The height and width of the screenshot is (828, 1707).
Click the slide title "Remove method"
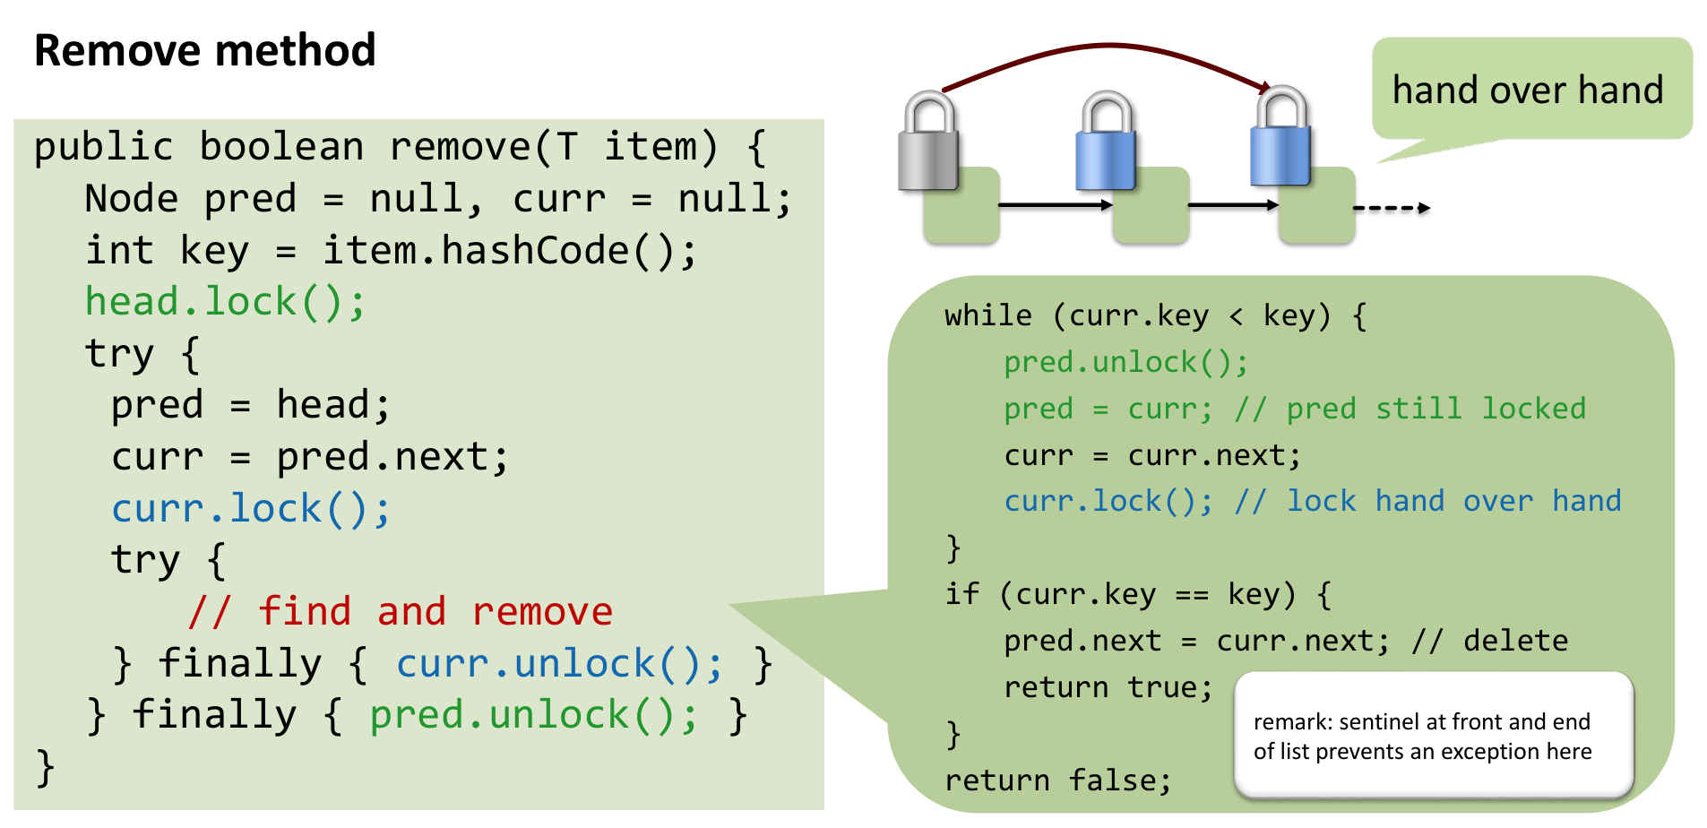pyautogui.click(x=204, y=50)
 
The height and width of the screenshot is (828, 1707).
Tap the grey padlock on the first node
pyautogui.click(x=929, y=144)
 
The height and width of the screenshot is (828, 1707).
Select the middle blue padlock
pyautogui.click(x=1107, y=144)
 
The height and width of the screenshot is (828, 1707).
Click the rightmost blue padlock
pyautogui.click(x=1281, y=139)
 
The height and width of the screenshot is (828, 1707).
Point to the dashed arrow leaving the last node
pyautogui.click(x=1391, y=208)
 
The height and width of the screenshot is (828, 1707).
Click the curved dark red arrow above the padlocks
pyautogui.click(x=1106, y=47)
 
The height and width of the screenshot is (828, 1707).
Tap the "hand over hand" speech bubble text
pyautogui.click(x=1527, y=91)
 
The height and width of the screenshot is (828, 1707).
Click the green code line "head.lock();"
pyautogui.click(x=225, y=302)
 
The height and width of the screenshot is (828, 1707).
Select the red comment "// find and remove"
pyautogui.click(x=401, y=612)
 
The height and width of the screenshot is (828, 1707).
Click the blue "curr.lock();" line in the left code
pyautogui.click(x=251, y=509)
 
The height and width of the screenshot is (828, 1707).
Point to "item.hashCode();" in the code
pyautogui.click(x=509, y=251)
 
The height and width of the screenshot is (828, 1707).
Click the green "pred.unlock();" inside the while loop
pyautogui.click(x=1125, y=362)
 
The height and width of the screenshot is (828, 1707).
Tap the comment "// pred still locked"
pyautogui.click(x=1410, y=409)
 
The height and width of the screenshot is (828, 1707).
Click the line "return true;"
pyautogui.click(x=1108, y=687)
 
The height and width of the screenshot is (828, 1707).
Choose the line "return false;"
pyautogui.click(x=1057, y=781)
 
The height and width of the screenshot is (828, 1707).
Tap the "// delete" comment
pyautogui.click(x=1490, y=641)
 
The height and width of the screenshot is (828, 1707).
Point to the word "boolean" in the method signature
pyautogui.click(x=281, y=147)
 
